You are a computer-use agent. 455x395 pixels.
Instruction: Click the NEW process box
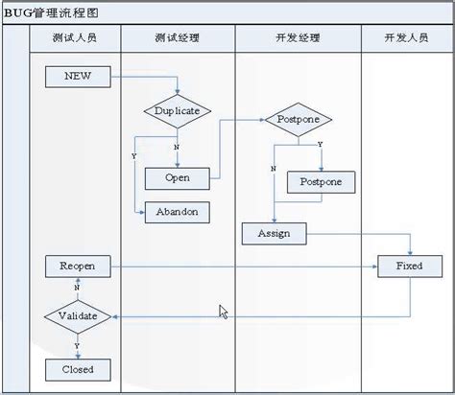click(x=78, y=77)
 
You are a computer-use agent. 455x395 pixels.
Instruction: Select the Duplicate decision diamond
click(x=177, y=111)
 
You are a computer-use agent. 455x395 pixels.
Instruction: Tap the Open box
click(x=178, y=178)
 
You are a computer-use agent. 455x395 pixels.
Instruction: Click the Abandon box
click(x=177, y=212)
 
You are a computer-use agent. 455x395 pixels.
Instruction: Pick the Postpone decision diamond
click(x=299, y=121)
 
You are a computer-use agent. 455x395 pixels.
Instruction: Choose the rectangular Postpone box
click(x=322, y=181)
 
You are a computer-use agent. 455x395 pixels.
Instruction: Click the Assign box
click(x=274, y=233)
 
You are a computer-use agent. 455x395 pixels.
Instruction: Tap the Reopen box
click(x=78, y=265)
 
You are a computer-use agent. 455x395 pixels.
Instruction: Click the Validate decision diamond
click(x=78, y=315)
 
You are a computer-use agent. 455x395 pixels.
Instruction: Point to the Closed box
click(x=78, y=369)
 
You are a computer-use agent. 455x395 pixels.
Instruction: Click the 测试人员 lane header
click(x=75, y=39)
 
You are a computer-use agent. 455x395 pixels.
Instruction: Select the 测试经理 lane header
click(x=178, y=39)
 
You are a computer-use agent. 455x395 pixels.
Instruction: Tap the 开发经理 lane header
click(x=298, y=39)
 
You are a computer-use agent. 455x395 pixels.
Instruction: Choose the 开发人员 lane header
click(x=407, y=39)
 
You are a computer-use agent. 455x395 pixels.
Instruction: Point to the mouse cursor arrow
click(x=223, y=312)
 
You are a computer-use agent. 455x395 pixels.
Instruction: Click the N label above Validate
click(x=76, y=287)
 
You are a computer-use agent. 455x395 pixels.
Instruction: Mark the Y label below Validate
click(x=76, y=343)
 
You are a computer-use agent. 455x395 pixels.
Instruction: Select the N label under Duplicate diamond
click(x=176, y=147)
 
